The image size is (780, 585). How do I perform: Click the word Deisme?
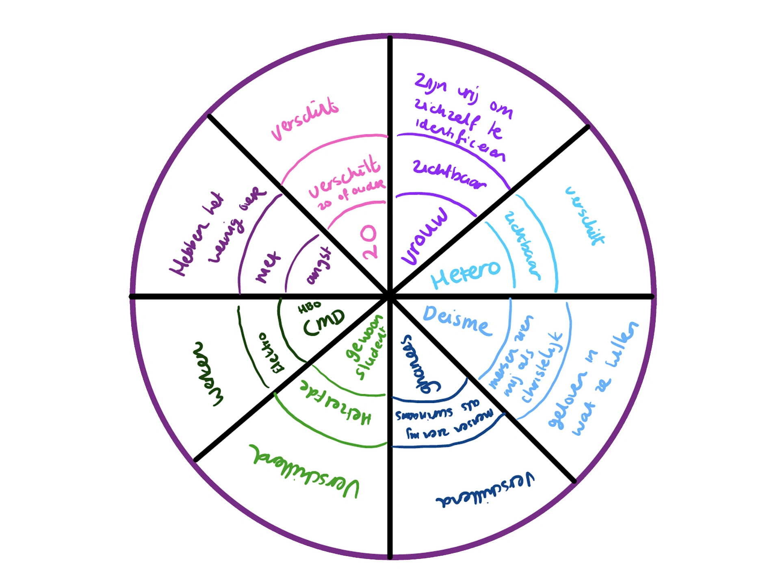457,320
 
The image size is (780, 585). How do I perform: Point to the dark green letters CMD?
324,322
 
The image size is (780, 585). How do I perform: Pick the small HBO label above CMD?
310,308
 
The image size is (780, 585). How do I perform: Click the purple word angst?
319,266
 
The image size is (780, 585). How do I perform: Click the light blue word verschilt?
585,216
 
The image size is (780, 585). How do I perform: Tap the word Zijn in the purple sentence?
430,83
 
